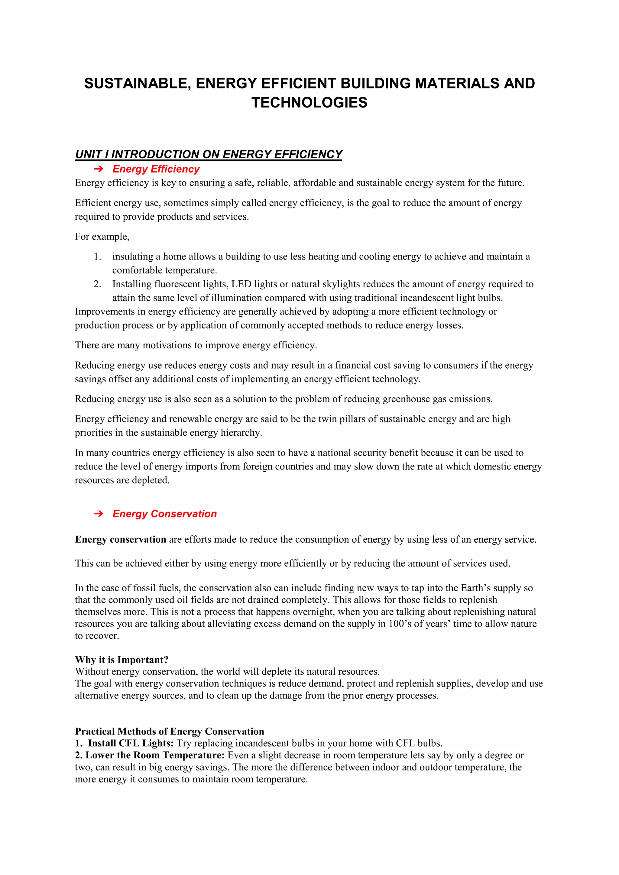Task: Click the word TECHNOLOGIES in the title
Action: pos(309,102)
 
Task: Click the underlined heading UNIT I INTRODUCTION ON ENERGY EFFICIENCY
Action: pos(208,154)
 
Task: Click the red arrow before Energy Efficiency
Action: pos(98,169)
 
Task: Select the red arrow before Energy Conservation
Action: pos(98,514)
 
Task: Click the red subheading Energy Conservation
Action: pos(164,514)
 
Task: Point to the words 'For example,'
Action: pos(102,237)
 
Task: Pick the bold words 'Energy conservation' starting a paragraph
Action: pos(121,540)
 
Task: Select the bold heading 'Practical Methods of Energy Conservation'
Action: pos(169,731)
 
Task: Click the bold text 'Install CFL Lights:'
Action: pos(131,743)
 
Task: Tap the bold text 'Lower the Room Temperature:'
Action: pos(155,755)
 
